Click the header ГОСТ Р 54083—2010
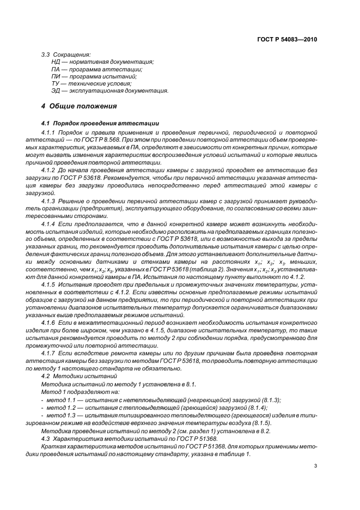[287, 40]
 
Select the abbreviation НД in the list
[56, 62]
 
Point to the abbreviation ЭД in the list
[56, 90]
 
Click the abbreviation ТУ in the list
[55, 83]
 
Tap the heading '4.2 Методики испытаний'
[75, 376]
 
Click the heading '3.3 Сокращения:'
[66, 54]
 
